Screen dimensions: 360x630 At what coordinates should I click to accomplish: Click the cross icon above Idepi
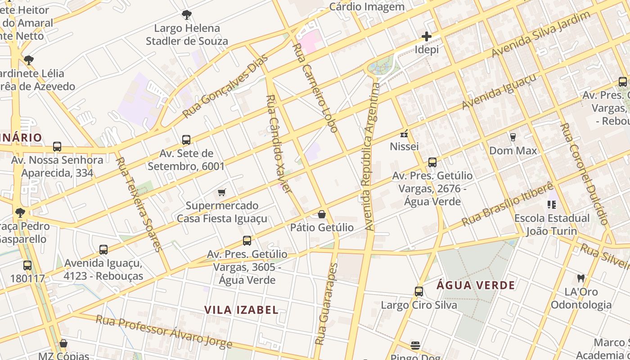coord(426,36)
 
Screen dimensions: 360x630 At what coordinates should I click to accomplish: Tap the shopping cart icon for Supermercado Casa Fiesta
coord(221,193)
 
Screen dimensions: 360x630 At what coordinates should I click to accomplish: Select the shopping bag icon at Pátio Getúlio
coord(322,214)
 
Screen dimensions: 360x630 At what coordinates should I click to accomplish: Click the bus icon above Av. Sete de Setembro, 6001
coord(186,140)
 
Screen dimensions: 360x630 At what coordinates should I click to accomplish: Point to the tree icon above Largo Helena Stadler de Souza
coord(186,15)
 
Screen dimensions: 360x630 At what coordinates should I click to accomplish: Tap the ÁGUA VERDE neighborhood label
coord(476,285)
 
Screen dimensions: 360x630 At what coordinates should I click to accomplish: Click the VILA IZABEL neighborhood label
coord(241,310)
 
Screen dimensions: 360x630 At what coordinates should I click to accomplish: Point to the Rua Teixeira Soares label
coord(138,204)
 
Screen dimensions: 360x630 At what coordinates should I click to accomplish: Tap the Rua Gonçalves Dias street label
coord(225,87)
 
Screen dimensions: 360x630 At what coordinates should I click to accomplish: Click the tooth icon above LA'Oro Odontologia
coord(580,279)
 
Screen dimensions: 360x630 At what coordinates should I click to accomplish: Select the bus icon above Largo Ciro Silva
coord(419,292)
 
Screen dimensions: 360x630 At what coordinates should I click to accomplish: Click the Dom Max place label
coord(513,151)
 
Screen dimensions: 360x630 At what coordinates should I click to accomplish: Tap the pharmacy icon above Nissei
coord(404,134)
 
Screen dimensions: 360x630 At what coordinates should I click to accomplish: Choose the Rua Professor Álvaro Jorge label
coord(164,332)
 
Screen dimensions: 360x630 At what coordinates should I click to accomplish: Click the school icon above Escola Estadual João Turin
coord(552,205)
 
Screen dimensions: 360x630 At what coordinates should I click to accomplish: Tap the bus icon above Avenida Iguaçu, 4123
coord(103,250)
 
